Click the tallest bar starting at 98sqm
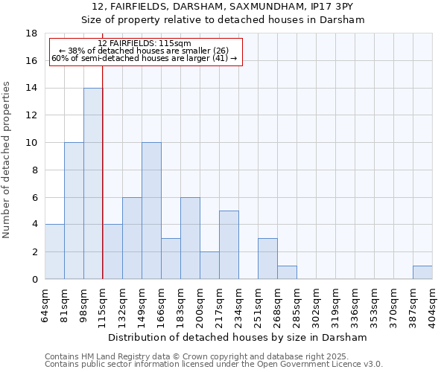pyautogui.click(x=93, y=184)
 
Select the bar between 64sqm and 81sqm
pyautogui.click(x=54, y=252)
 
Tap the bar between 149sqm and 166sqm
pyautogui.click(x=151, y=211)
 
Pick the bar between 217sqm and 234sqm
pyautogui.click(x=229, y=246)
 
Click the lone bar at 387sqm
pyautogui.click(x=422, y=272)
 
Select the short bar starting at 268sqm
pyautogui.click(x=287, y=272)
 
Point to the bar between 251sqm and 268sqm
pyautogui.click(x=267, y=259)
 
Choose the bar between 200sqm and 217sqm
pyautogui.click(x=209, y=266)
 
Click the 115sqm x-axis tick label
pyautogui.click(x=103, y=306)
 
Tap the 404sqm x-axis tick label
pyautogui.click(x=433, y=306)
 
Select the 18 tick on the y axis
pyautogui.click(x=31, y=33)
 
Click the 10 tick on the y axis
pyautogui.click(x=31, y=143)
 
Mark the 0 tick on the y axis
pyautogui.click(x=34, y=280)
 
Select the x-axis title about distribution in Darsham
pyautogui.click(x=238, y=337)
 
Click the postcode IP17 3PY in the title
pyautogui.click(x=336, y=6)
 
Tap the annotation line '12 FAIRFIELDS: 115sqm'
pyautogui.click(x=145, y=44)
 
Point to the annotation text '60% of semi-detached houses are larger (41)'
pyautogui.click(x=145, y=58)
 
